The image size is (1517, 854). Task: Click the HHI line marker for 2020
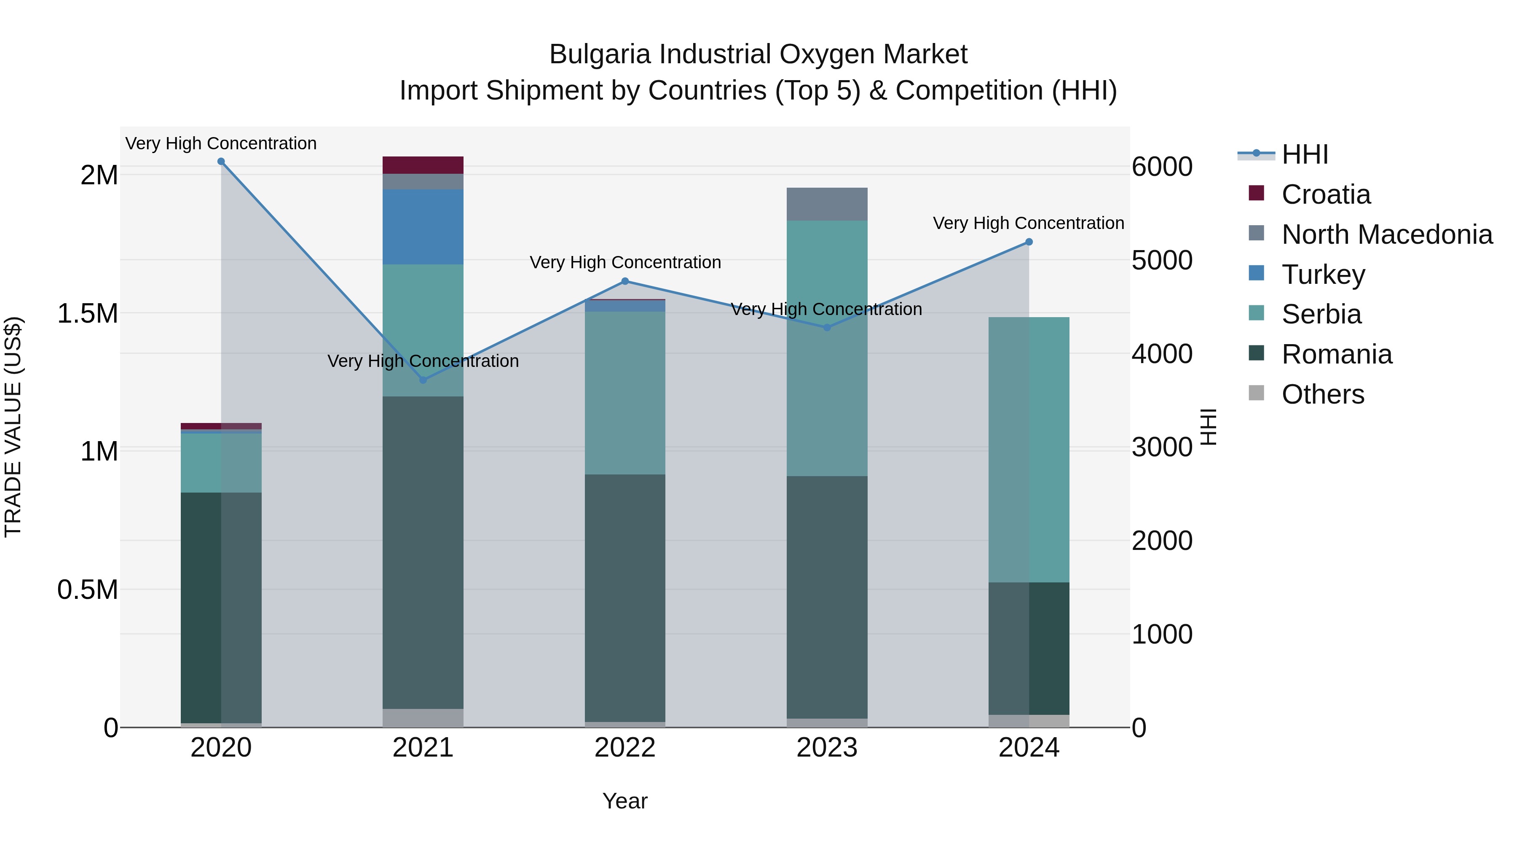click(221, 162)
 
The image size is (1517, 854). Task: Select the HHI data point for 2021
click(423, 380)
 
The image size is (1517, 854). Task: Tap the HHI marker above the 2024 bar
click(1029, 242)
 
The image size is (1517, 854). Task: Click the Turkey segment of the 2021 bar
click(423, 227)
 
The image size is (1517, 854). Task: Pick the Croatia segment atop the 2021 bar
click(423, 165)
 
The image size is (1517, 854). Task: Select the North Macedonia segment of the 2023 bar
click(827, 204)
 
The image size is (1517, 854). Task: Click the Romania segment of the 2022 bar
click(625, 598)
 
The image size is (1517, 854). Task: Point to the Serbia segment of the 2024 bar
click(1029, 450)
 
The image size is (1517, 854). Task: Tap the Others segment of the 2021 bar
click(423, 718)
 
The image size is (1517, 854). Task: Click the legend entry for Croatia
click(1325, 194)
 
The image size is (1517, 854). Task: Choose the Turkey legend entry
click(1323, 275)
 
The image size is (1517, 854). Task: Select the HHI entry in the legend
click(1304, 154)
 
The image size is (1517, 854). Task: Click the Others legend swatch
click(1256, 393)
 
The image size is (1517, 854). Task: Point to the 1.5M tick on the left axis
click(88, 313)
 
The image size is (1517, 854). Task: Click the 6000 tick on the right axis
click(1162, 167)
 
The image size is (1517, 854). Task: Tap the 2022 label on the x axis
click(625, 748)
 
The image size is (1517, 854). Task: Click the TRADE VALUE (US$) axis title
click(13, 427)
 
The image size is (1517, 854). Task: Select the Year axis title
click(625, 801)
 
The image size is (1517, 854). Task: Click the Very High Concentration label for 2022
click(625, 262)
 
